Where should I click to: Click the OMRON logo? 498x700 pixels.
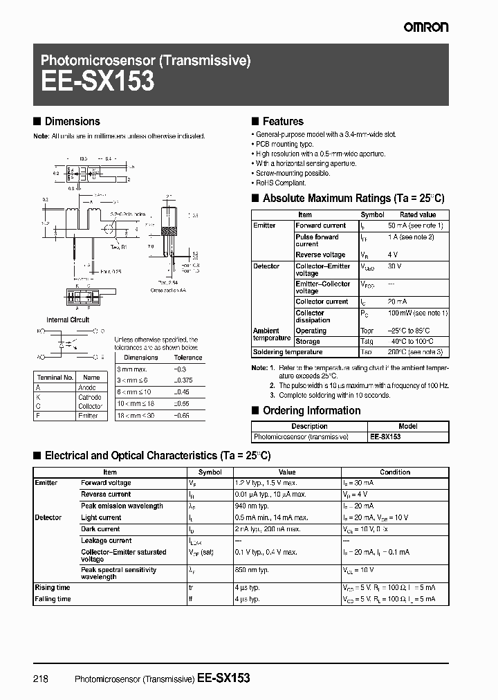426,27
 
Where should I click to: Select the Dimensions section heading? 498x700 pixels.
72,122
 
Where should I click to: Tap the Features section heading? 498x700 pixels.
282,122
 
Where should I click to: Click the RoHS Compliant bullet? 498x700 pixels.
280,183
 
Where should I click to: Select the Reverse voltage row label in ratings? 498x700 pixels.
320,255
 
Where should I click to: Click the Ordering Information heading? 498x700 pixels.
311,411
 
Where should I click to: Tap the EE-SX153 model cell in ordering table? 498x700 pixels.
385,437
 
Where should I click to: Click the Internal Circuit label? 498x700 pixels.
68,320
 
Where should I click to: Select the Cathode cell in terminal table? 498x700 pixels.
90,397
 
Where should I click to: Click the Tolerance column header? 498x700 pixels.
187,358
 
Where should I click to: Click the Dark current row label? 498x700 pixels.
100,529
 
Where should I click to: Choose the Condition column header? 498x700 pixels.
395,472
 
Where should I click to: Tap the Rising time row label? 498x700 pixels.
53,587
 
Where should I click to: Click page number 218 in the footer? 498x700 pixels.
41,679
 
